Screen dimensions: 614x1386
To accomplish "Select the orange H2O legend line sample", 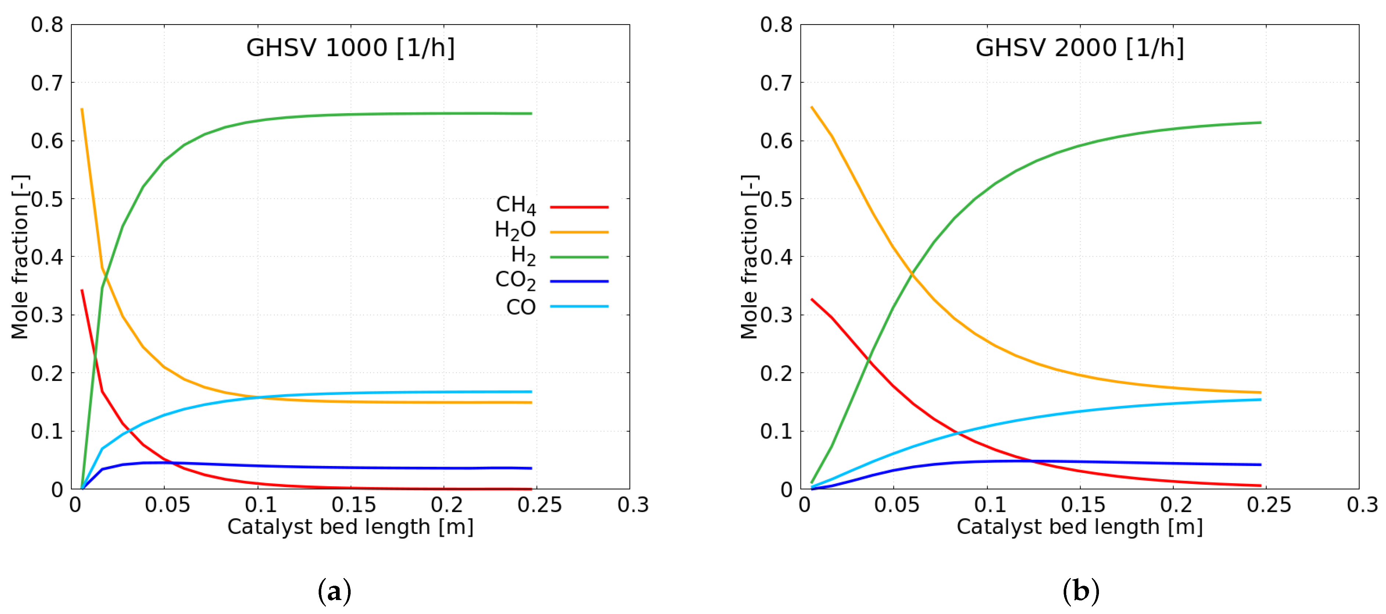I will [x=579, y=232].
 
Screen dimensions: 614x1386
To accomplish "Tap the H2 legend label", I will [x=523, y=256].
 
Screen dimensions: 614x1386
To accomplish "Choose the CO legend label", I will [x=520, y=307].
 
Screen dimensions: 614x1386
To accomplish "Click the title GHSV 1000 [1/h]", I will [x=350, y=48].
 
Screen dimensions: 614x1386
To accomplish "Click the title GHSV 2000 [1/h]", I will [x=1079, y=48].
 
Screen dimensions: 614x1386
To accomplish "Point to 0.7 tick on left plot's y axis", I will [x=47, y=83].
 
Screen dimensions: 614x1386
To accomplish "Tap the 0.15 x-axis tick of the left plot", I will [x=353, y=505].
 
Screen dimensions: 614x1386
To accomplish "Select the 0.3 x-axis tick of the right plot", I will [x=1362, y=505].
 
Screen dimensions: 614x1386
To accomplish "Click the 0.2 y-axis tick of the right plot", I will [x=776, y=373].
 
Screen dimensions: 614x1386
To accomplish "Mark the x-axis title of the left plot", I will [x=350, y=527].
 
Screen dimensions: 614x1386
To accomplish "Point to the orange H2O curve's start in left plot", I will [x=82, y=109].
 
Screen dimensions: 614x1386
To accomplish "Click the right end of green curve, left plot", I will [x=531, y=113].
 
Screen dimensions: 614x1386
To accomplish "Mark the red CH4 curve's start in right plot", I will [x=812, y=300].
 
